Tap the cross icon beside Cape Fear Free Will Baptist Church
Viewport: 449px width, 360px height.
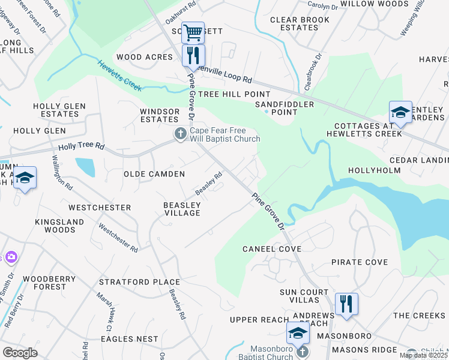tap(180, 134)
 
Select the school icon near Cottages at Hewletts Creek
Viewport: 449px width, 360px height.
tap(400, 112)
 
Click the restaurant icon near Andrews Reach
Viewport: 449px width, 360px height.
tap(346, 304)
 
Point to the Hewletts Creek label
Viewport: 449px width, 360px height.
tap(120, 75)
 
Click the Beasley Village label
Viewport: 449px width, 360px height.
tap(182, 209)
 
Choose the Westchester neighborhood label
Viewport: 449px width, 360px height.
tap(100, 208)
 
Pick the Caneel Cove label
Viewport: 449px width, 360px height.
tap(271, 248)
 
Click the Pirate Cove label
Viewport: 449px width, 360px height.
tap(360, 262)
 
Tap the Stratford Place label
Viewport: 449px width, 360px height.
tap(139, 282)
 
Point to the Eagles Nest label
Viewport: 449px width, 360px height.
tap(129, 339)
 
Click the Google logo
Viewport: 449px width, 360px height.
tap(20, 353)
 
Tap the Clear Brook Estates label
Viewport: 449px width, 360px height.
tap(300, 23)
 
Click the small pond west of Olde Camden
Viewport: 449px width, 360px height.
tap(85, 166)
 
